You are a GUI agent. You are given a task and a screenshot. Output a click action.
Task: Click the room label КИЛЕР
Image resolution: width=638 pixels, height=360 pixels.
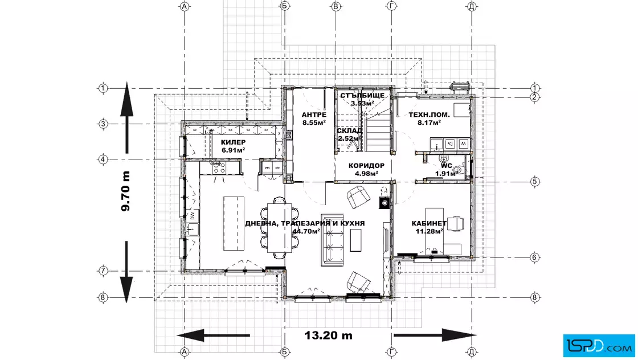[x=233, y=142]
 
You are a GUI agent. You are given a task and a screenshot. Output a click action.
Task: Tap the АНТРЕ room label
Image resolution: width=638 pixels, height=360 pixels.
[x=314, y=114]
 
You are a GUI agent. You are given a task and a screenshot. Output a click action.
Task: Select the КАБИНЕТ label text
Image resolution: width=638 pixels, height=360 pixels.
[x=429, y=223]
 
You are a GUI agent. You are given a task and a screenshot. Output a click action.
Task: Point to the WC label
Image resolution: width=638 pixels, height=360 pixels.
[x=447, y=166]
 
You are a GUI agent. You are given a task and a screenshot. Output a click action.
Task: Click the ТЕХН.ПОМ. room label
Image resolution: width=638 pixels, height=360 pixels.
[x=429, y=114]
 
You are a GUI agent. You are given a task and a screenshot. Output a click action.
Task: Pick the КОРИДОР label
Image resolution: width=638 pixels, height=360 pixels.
[x=366, y=166]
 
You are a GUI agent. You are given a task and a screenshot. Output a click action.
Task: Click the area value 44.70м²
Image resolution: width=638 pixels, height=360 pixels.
[x=306, y=231]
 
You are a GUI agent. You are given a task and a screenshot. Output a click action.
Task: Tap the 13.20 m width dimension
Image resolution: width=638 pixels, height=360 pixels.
[x=328, y=335]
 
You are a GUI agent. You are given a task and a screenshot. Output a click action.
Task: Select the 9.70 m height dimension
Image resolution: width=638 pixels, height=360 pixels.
[x=126, y=191]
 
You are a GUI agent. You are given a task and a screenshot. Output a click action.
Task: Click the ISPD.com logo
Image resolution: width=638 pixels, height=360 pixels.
[x=599, y=345]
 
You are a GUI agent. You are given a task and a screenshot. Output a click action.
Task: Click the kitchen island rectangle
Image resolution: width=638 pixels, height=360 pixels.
[x=234, y=224]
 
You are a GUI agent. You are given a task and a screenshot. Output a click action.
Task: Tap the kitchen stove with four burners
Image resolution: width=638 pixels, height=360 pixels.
[x=219, y=169]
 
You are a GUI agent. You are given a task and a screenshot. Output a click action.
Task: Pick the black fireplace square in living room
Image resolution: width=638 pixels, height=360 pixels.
[x=385, y=203]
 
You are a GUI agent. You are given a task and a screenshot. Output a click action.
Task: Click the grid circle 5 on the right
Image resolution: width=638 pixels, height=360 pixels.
[x=535, y=181]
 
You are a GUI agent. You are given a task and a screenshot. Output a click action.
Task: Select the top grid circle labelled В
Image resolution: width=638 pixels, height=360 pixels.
[x=336, y=6]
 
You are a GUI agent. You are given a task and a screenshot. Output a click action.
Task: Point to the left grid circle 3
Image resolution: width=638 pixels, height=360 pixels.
[x=103, y=124]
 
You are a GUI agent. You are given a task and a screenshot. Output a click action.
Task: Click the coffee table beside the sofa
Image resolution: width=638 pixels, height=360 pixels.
[x=355, y=240]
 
